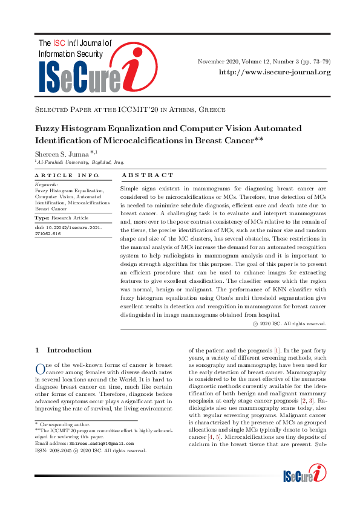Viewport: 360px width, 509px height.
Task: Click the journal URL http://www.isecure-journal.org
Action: point(274,73)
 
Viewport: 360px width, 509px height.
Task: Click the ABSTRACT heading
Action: point(148,175)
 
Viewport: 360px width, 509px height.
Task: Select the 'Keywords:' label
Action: point(47,184)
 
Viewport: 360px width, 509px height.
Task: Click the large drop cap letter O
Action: point(41,369)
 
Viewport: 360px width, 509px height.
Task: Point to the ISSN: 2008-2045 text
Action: point(55,450)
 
